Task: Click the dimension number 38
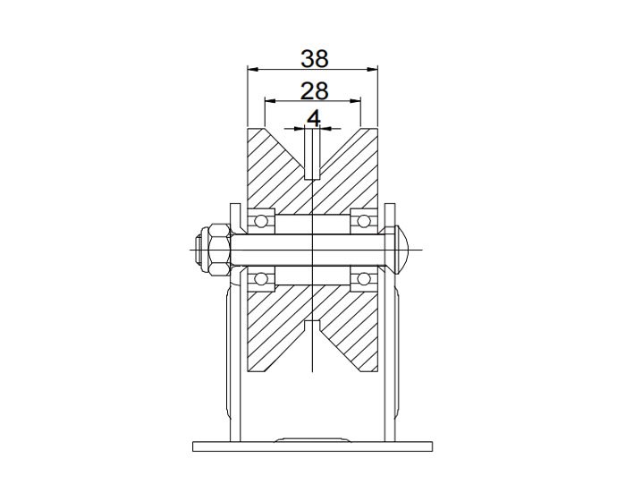(x=314, y=58)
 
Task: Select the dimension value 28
(x=314, y=90)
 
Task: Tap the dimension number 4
(x=314, y=118)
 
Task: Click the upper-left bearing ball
(x=262, y=218)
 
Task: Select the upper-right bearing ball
(x=363, y=218)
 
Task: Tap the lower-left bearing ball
(x=262, y=279)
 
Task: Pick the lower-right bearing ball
(x=363, y=279)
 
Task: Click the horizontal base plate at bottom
(x=312, y=446)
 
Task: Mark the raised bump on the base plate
(x=312, y=438)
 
